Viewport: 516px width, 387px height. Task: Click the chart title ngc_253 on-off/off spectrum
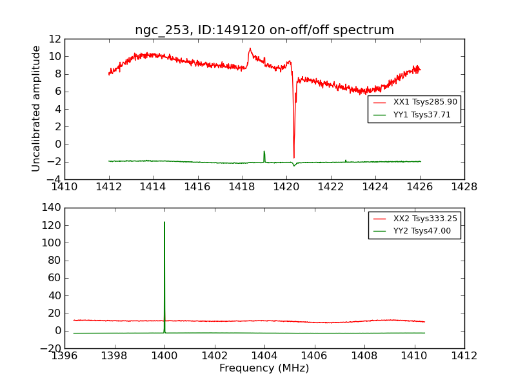pyautogui.click(x=264, y=30)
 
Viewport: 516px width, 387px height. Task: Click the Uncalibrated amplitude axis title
pyautogui.click(x=37, y=108)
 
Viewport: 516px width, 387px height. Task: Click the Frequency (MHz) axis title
pyautogui.click(x=264, y=368)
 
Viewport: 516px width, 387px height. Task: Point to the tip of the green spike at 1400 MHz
pyautogui.click(x=164, y=223)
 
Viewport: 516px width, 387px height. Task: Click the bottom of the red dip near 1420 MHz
pyautogui.click(x=294, y=157)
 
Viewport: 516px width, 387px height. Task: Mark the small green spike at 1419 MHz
pyautogui.click(x=264, y=152)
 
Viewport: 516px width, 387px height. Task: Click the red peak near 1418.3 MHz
pyautogui.click(x=250, y=48)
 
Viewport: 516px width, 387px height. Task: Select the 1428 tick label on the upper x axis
pyautogui.click(x=464, y=187)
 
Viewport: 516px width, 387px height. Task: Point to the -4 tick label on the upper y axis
pyautogui.click(x=54, y=179)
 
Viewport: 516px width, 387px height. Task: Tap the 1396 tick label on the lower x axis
pyautogui.click(x=64, y=356)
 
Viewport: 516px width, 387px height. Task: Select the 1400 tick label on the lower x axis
pyautogui.click(x=164, y=356)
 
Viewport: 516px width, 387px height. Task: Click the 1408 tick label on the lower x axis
pyautogui.click(x=364, y=356)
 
